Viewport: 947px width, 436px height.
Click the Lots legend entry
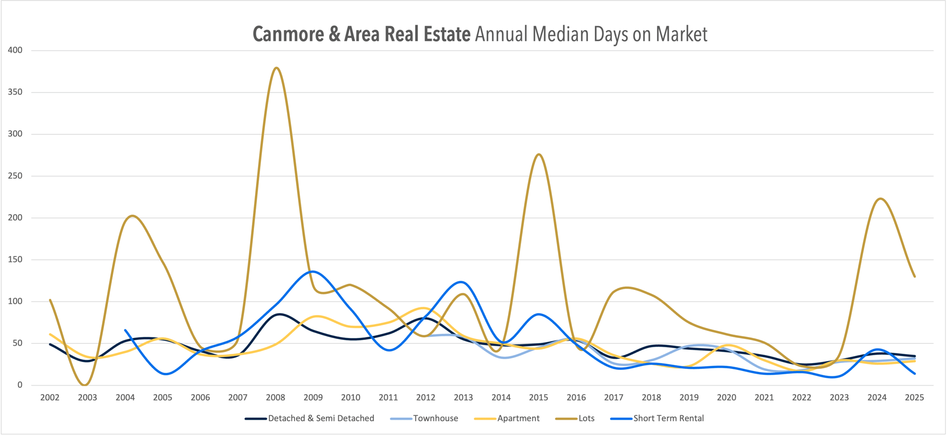[x=586, y=418]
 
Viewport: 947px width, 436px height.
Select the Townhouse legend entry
[x=435, y=418]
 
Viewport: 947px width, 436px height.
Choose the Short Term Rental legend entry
[x=668, y=418]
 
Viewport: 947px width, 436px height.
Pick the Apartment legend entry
[x=518, y=418]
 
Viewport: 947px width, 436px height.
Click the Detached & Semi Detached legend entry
[x=321, y=418]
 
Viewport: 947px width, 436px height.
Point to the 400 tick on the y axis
[x=15, y=50]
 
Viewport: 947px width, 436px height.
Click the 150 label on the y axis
[x=15, y=259]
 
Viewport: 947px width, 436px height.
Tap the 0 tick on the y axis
[x=20, y=385]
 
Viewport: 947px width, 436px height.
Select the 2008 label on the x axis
[x=275, y=398]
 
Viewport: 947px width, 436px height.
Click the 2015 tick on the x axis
[x=539, y=398]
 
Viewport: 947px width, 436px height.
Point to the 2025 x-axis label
[x=914, y=398]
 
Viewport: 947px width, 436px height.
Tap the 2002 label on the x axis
[x=50, y=398]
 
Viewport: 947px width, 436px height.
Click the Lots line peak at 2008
[x=276, y=68]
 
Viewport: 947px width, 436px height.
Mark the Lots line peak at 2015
[x=539, y=154]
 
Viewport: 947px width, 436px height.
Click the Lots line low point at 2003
[x=86, y=385]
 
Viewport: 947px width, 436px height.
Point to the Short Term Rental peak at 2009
[x=312, y=271]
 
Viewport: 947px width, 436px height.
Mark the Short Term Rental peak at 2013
[x=461, y=282]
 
